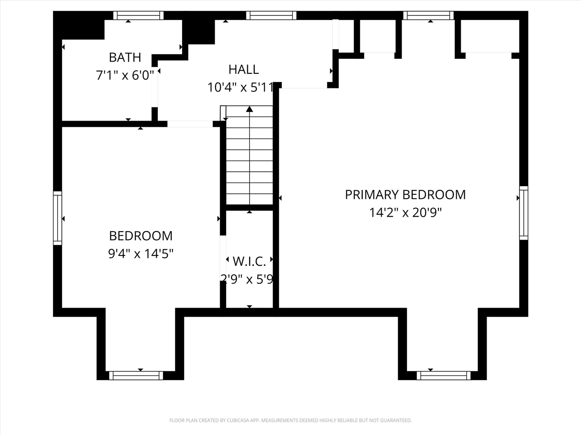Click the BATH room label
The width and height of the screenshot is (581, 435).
[x=125, y=58]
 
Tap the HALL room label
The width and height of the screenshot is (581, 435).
[x=243, y=69]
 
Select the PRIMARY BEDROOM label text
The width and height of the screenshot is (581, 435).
[x=405, y=194]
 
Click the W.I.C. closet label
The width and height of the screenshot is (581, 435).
[x=249, y=261]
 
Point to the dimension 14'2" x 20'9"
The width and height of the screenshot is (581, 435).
[x=405, y=213]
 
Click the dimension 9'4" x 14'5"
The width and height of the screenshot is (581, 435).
[x=141, y=254]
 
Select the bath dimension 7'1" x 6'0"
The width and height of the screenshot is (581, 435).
[x=125, y=75]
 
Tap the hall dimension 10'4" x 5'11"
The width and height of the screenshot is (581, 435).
[x=241, y=87]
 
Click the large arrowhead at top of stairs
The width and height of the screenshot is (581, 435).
[x=249, y=109]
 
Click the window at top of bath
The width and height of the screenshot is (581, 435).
[x=138, y=15]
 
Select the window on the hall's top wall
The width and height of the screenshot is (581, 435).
[x=271, y=15]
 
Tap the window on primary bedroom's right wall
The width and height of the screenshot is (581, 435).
[x=523, y=213]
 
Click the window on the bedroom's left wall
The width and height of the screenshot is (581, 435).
[x=57, y=218]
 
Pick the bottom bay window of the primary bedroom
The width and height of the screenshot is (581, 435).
[x=443, y=375]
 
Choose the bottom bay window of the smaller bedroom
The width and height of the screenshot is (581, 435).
[x=136, y=375]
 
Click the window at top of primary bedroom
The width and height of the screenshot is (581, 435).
[x=428, y=15]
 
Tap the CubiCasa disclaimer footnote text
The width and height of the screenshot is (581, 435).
[x=290, y=420]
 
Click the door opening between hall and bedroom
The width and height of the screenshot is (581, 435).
[x=190, y=124]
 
